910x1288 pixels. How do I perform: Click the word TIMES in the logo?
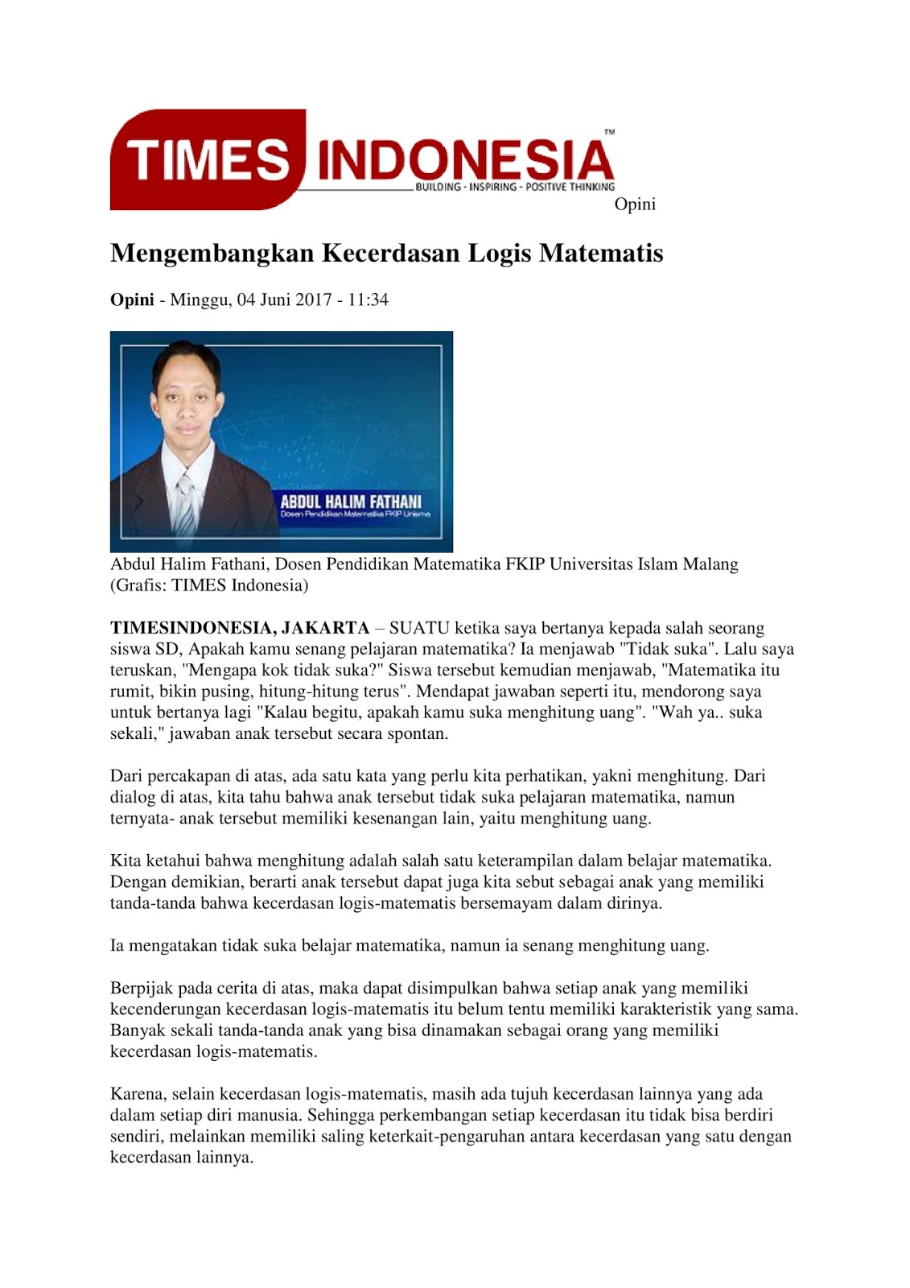tap(207, 159)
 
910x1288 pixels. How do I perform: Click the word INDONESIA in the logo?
tap(465, 159)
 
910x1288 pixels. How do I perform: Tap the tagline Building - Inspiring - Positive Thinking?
tap(514, 187)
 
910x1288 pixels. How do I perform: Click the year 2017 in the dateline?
tap(313, 300)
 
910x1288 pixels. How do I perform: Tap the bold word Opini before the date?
tap(132, 300)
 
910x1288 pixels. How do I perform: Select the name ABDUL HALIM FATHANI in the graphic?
tap(351, 501)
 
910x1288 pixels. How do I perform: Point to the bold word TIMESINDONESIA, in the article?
tap(193, 628)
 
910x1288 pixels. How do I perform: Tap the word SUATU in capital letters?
tap(419, 628)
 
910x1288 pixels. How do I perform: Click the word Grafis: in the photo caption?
tap(140, 585)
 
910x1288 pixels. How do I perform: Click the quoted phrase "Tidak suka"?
tap(667, 649)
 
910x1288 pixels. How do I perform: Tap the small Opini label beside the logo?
tap(635, 204)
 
